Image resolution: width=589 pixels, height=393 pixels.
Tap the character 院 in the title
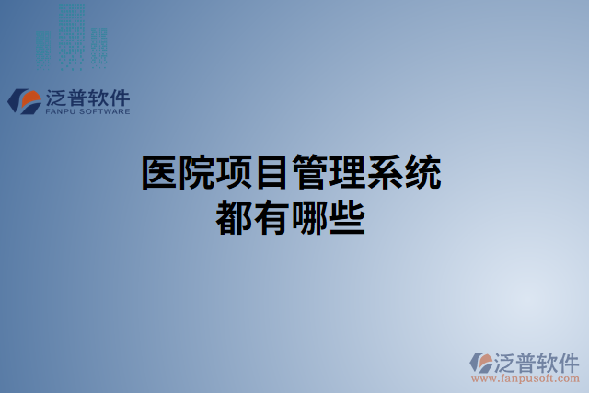(x=199, y=173)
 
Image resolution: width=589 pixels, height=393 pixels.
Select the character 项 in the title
(x=236, y=173)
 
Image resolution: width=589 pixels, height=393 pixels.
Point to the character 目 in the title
(x=273, y=173)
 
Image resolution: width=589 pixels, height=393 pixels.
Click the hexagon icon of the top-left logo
(x=23, y=100)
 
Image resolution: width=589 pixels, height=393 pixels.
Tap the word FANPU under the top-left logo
(x=60, y=112)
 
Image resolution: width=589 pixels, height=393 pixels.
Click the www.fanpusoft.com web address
(x=525, y=378)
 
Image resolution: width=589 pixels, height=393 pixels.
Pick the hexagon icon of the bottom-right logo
(x=481, y=363)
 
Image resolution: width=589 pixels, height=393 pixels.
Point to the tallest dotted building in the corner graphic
(x=72, y=32)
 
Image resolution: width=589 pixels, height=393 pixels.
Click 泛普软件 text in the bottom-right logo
(x=537, y=359)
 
